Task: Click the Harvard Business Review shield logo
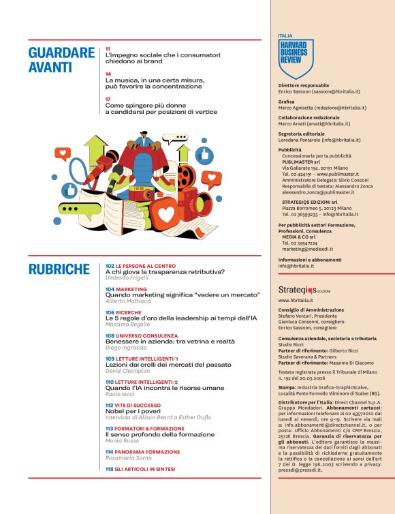[296, 58]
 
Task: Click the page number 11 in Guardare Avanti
[108, 49]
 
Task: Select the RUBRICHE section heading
[60, 269]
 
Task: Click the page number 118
[109, 470]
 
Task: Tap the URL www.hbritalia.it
[296, 300]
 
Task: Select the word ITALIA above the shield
[286, 35]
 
